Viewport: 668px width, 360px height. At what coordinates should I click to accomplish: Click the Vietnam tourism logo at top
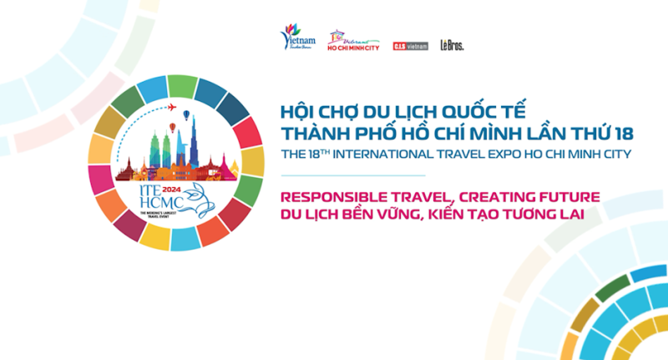click(297, 37)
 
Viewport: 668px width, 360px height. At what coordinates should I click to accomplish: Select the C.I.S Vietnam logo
click(410, 46)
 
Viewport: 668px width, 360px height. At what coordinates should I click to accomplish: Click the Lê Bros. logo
click(452, 45)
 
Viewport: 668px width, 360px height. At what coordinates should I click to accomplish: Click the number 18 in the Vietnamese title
click(623, 133)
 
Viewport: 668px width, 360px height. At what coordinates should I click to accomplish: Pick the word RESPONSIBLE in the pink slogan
click(330, 198)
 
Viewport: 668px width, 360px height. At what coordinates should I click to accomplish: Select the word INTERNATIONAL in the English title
click(398, 155)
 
